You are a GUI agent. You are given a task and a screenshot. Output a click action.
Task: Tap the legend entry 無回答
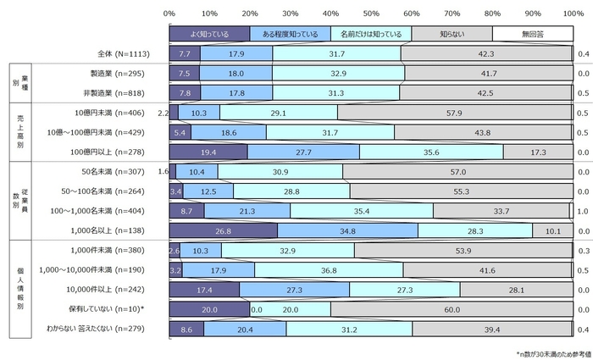point(533,34)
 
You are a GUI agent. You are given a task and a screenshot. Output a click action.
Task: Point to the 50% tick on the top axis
point(370,14)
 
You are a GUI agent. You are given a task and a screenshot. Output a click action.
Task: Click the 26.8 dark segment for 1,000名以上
point(223,230)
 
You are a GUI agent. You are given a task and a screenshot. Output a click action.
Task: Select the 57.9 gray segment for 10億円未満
point(455,113)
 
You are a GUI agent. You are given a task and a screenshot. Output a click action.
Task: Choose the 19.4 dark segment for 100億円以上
point(208,152)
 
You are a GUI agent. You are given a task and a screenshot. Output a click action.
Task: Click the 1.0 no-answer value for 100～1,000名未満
point(582,211)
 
